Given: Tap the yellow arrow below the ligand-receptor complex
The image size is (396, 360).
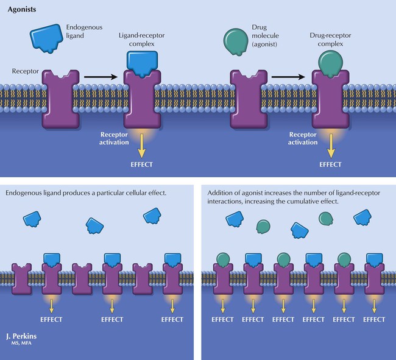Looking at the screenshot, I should pyautogui.click(x=142, y=145).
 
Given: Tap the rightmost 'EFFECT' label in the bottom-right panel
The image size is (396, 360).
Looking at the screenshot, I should pyautogui.click(x=373, y=319).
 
